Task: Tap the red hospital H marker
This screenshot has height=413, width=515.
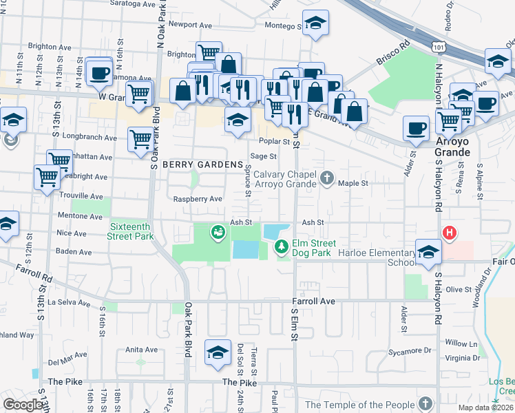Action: click(450, 233)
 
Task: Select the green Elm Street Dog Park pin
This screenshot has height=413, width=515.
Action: click(281, 246)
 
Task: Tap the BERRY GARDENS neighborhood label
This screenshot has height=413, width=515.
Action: click(202, 165)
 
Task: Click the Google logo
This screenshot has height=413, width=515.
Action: click(23, 404)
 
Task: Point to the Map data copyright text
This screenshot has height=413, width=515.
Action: click(486, 407)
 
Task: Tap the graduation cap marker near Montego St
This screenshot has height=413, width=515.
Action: click(315, 24)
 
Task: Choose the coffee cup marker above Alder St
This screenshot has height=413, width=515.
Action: click(417, 128)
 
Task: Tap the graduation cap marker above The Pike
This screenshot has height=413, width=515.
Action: click(218, 354)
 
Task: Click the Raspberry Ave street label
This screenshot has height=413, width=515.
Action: click(197, 199)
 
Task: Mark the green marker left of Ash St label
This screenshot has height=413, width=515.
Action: click(218, 233)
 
